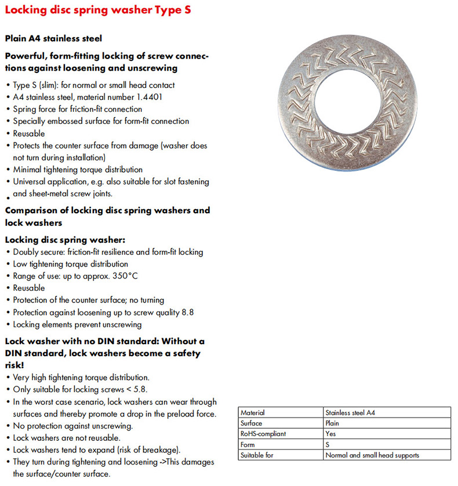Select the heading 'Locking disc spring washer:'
click(x=65, y=239)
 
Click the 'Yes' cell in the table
click(x=332, y=434)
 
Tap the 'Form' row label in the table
click(x=248, y=445)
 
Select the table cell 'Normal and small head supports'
click(x=372, y=455)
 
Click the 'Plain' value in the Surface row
click(x=333, y=423)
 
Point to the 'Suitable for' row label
click(x=256, y=455)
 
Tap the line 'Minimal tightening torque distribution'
click(x=78, y=170)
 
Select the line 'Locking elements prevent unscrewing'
click(x=77, y=324)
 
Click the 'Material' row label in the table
click(x=253, y=413)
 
